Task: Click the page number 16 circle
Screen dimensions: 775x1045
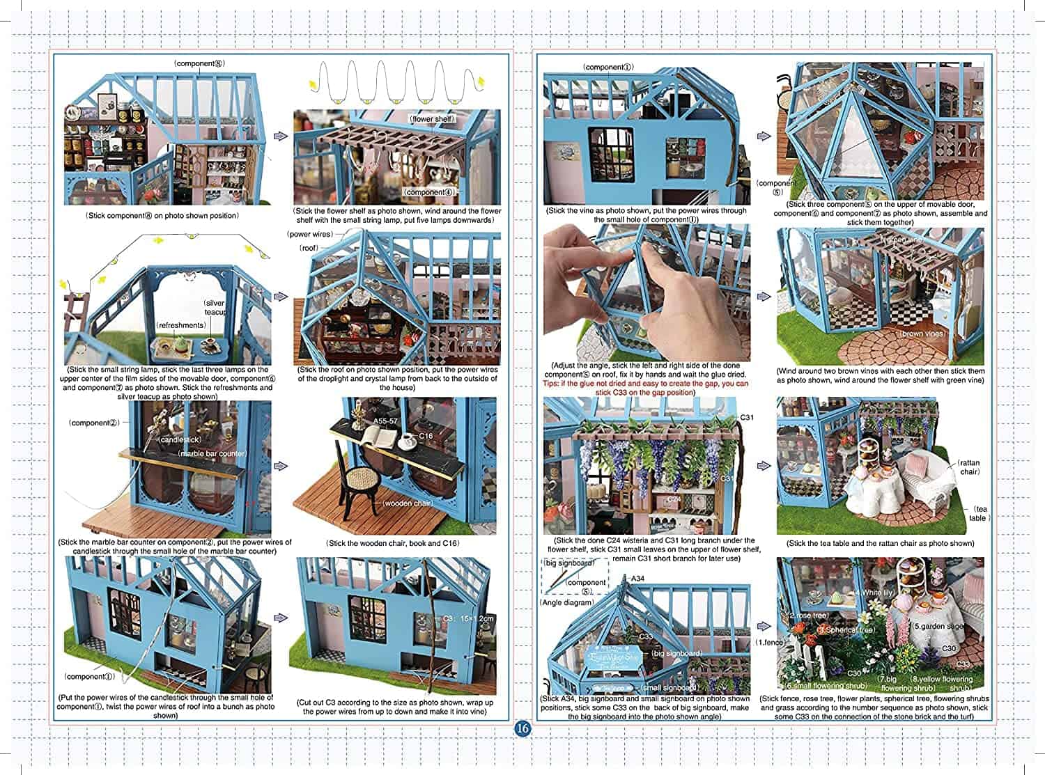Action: click(522, 729)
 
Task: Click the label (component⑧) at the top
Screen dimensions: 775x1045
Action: click(199, 63)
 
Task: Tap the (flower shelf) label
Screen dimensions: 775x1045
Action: click(432, 119)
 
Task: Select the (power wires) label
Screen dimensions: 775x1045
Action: click(310, 234)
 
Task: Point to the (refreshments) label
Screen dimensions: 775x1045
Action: click(181, 324)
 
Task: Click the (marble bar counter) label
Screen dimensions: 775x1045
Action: click(212, 453)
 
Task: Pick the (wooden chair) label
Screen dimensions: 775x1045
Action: click(407, 503)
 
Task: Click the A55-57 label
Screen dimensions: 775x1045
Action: click(385, 421)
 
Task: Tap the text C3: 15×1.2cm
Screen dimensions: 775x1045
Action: click(468, 618)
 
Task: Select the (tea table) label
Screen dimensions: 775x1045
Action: click(979, 514)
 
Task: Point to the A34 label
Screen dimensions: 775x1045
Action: click(637, 578)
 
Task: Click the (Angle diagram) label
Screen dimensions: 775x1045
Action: click(568, 602)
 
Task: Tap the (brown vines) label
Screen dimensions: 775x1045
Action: click(922, 334)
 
